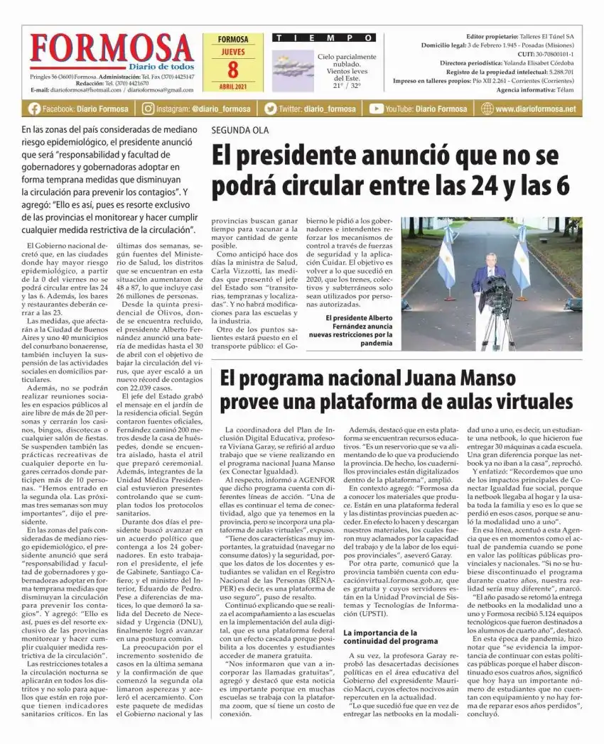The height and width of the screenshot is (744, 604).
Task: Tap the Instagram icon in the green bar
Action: tap(148, 109)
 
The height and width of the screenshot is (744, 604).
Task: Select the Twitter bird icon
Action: tap(270, 109)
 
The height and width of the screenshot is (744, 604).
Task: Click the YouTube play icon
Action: tap(376, 109)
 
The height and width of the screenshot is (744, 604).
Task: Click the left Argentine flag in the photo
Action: tap(447, 255)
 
